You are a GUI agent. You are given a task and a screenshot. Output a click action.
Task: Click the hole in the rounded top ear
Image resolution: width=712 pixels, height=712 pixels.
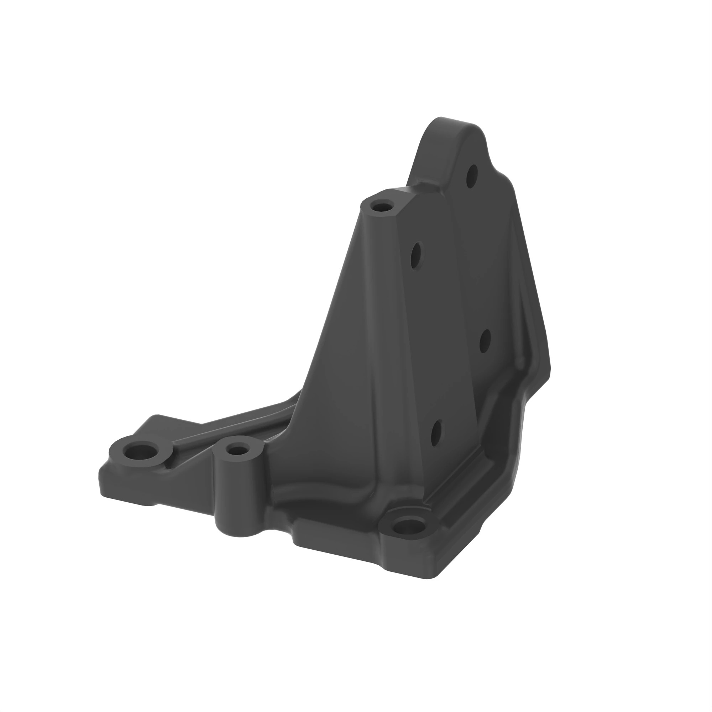click(472, 176)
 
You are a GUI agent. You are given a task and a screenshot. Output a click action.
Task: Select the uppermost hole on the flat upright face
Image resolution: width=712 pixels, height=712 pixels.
click(417, 256)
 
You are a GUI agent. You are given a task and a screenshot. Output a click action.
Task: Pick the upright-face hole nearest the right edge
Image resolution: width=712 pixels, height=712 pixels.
click(485, 341)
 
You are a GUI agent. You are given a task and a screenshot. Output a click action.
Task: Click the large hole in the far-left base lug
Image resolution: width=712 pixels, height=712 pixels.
click(141, 451)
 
